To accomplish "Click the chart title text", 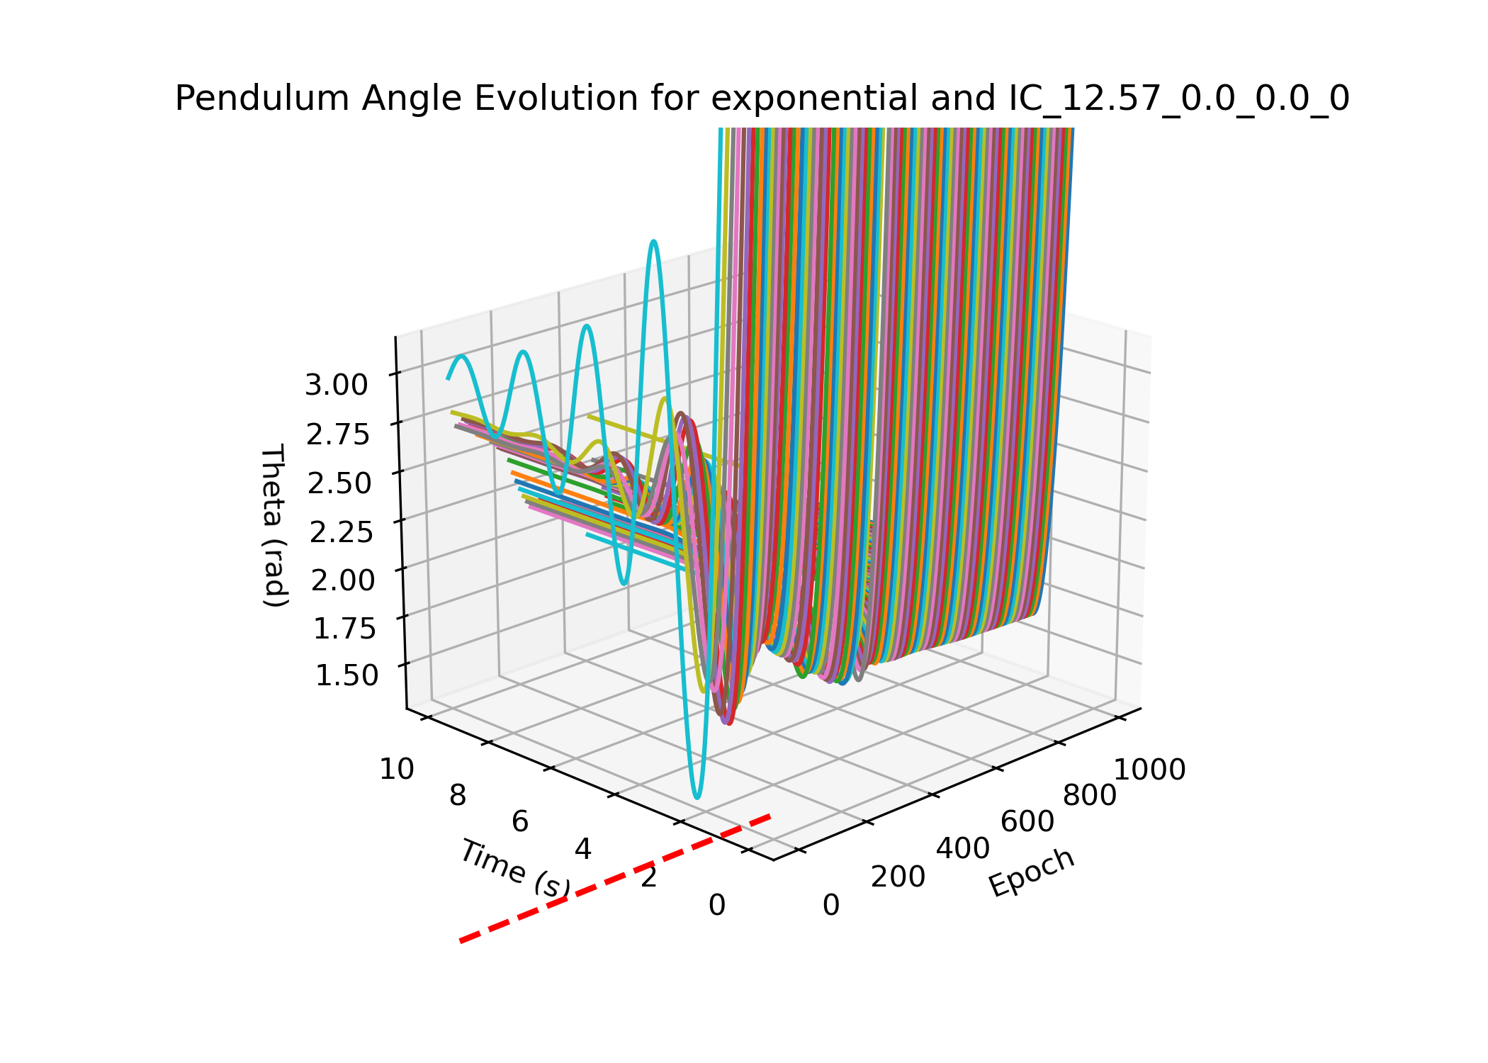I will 762,99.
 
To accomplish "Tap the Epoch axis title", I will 1032,872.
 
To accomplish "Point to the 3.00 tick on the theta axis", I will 336,386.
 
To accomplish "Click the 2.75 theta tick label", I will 337,434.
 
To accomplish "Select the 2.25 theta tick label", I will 341,531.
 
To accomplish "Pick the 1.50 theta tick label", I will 346,675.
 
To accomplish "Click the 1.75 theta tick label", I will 344,628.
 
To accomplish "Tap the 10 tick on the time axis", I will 397,769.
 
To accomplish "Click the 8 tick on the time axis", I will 458,796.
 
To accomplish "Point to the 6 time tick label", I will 520,822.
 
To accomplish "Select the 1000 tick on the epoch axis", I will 1150,770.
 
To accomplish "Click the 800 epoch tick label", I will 1090,796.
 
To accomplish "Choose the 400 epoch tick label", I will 963,848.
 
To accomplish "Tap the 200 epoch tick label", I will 898,877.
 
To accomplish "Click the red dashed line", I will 615,879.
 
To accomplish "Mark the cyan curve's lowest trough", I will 697,797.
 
